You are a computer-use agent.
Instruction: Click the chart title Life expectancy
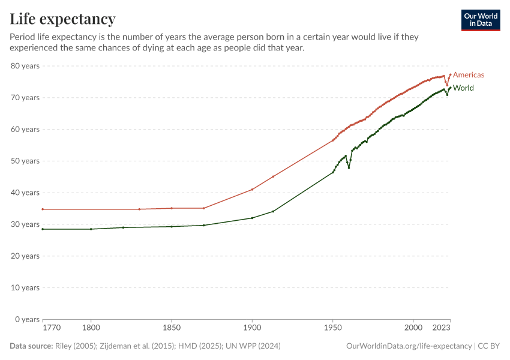tap(63, 19)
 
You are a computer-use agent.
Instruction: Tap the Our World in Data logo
tap(481, 20)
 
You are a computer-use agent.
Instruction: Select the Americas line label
tap(468, 75)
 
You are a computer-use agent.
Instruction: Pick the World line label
tap(463, 88)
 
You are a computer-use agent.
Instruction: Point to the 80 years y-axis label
tap(25, 65)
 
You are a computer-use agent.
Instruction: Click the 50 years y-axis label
tap(25, 161)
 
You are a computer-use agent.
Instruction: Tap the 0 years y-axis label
tap(27, 319)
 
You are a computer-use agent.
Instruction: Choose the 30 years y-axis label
tap(25, 224)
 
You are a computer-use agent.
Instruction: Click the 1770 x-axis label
tap(51, 328)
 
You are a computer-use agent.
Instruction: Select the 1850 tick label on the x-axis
tap(172, 328)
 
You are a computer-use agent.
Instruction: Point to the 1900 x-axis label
tap(252, 328)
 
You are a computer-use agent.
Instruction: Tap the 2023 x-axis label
tap(442, 328)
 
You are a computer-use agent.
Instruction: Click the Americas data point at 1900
tap(252, 190)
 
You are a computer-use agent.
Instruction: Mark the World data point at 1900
tap(252, 218)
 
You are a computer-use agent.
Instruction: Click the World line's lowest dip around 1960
tap(349, 167)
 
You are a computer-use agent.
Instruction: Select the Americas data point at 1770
tap(43, 209)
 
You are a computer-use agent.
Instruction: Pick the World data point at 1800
tap(91, 229)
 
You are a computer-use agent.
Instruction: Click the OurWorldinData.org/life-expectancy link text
tap(409, 346)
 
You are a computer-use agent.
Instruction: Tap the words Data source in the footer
tap(31, 346)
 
